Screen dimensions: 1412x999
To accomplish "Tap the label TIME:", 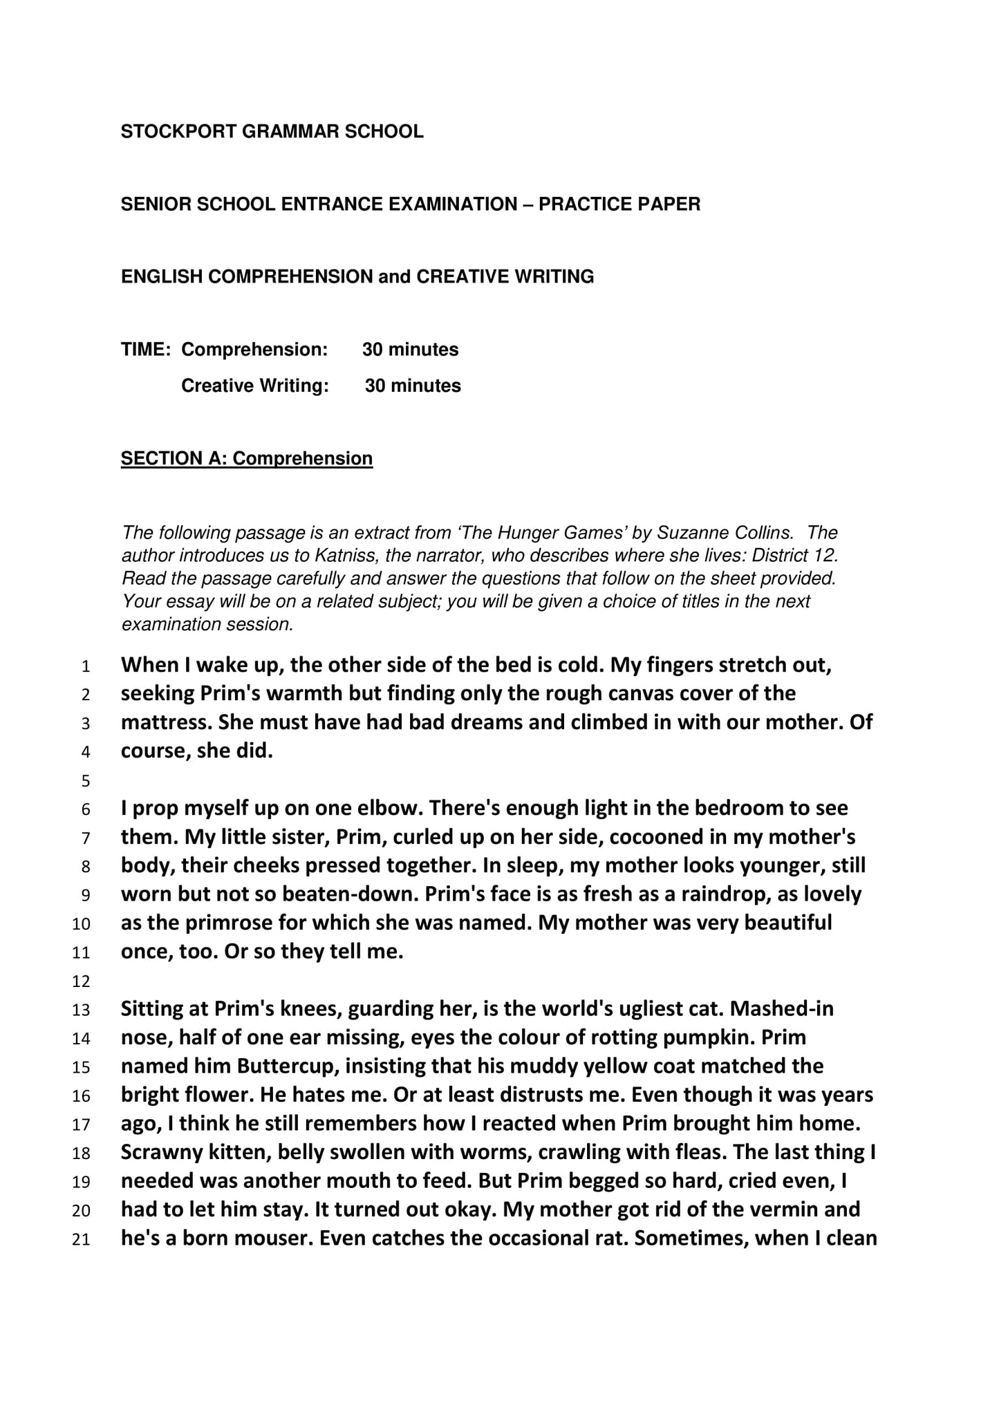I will point(145,349).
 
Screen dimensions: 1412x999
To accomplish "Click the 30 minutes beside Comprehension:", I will point(410,349).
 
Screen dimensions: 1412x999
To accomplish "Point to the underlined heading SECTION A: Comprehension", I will point(247,458).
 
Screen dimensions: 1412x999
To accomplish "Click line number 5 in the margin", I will point(85,782).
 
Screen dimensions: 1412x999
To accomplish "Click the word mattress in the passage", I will point(167,722).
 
